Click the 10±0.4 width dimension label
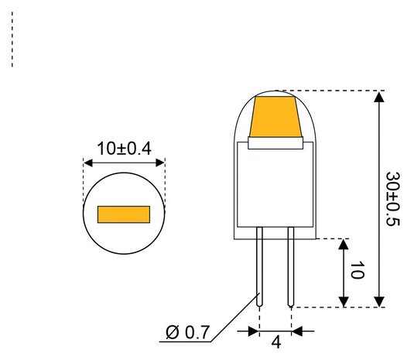124,148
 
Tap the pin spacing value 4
275,341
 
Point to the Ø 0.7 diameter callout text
188,334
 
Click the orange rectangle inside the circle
123,214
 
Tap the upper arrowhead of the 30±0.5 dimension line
378,97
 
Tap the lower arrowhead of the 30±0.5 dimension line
378,301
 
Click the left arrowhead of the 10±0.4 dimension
87,163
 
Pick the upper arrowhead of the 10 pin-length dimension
344,244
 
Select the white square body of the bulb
275,186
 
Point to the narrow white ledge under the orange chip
275,142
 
